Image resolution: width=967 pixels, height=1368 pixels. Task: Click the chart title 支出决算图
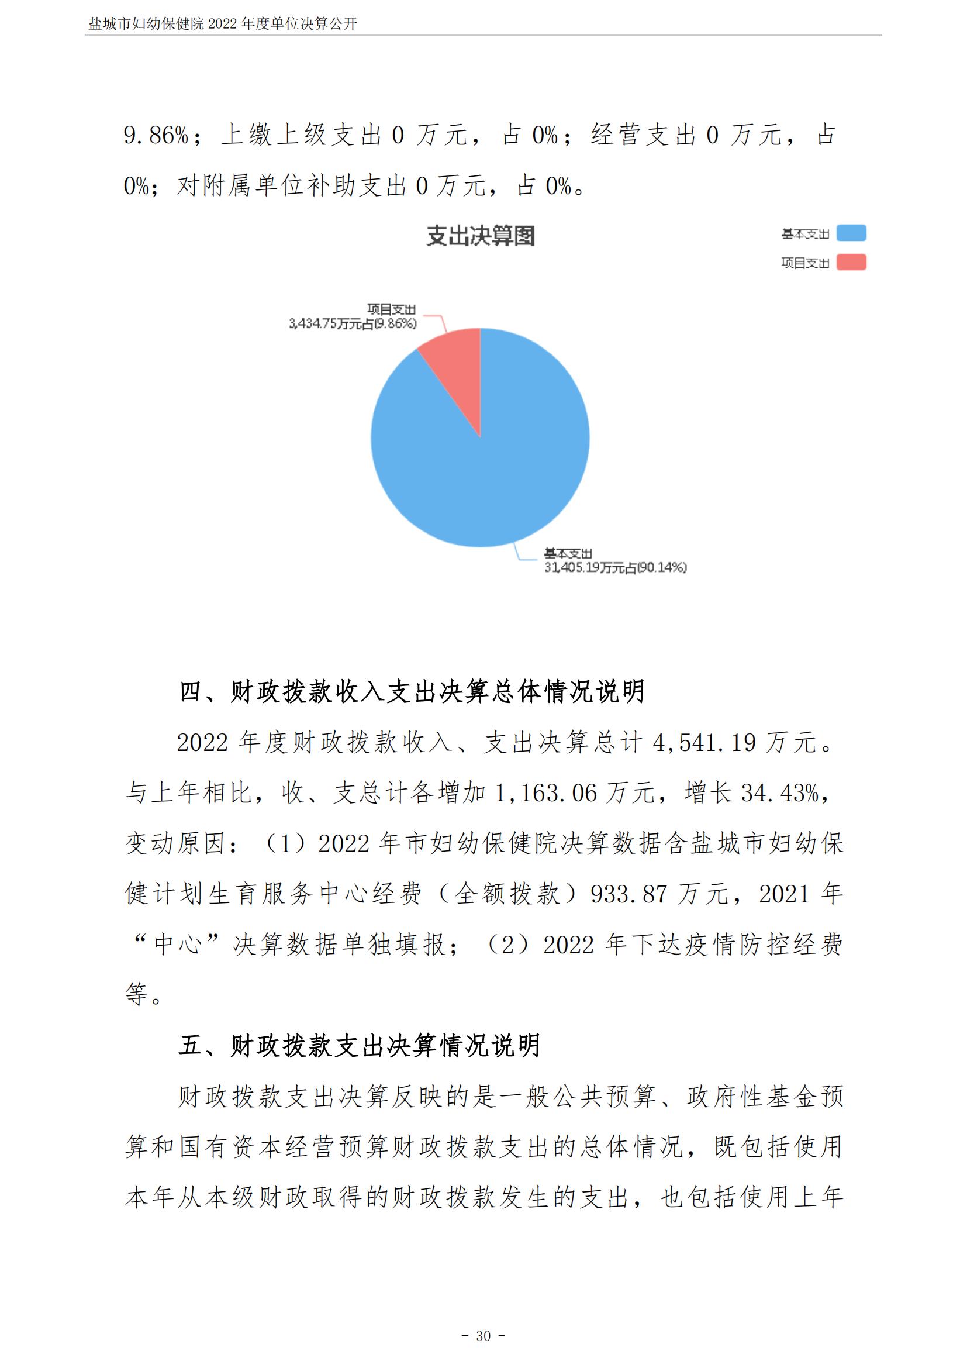[x=481, y=236]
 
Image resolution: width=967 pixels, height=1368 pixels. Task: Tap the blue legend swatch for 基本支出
[x=851, y=233]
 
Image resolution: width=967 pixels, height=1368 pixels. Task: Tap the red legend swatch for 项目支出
[x=851, y=262]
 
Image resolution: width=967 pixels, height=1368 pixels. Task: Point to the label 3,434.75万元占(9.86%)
[x=353, y=323]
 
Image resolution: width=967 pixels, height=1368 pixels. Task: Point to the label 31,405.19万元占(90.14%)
[x=615, y=567]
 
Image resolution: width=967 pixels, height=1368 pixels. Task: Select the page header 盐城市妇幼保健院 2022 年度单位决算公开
[x=223, y=24]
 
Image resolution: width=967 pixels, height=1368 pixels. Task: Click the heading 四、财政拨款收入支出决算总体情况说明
[x=412, y=692]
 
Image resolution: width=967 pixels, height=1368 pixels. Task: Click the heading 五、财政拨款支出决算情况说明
[x=360, y=1045]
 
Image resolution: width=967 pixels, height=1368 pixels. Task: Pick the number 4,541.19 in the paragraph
[x=704, y=743]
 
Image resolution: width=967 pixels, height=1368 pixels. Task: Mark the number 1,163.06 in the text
[x=545, y=793]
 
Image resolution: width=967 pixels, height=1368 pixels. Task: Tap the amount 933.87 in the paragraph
[x=629, y=894]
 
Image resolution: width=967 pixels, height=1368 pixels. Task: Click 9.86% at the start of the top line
[x=156, y=135]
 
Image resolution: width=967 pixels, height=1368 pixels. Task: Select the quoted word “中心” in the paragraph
[x=178, y=945]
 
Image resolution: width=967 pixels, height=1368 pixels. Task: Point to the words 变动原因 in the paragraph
[x=175, y=844]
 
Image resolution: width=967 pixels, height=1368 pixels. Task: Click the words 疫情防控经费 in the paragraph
[x=764, y=945]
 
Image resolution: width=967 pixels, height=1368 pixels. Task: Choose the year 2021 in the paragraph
[x=783, y=894]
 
